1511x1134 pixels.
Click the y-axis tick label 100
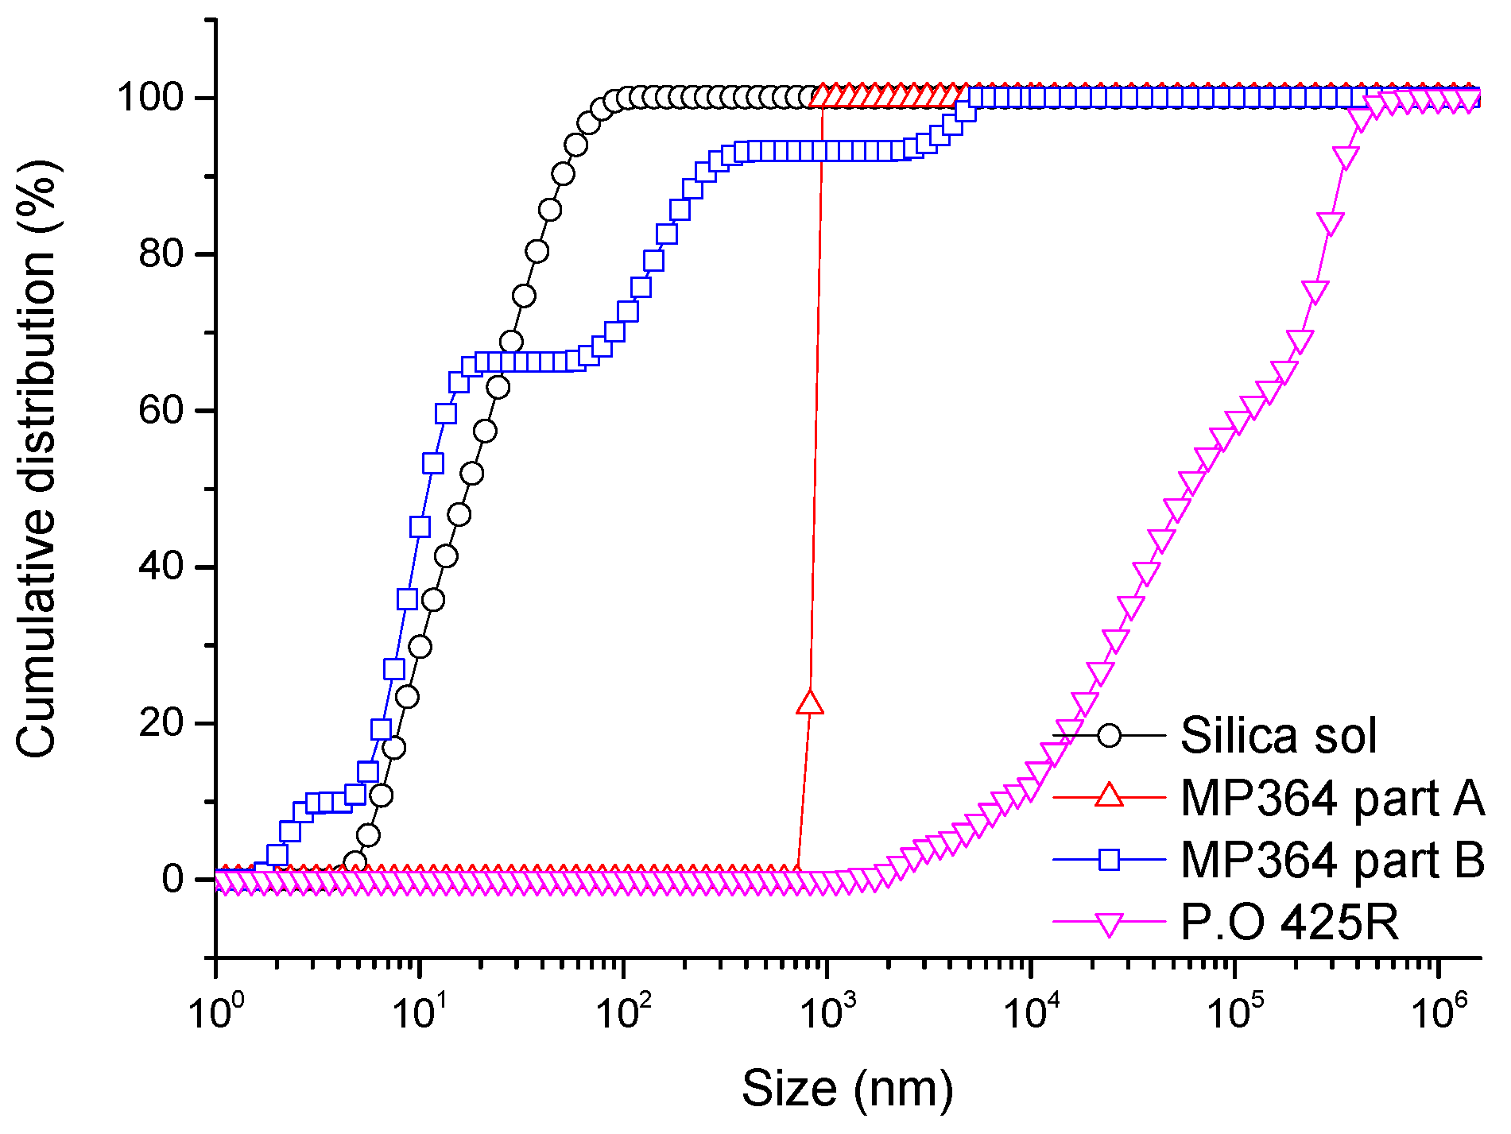pos(151,99)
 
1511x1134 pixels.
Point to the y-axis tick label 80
pos(162,255)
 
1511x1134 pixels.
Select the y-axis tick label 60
pos(162,411)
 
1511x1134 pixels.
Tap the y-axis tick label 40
pos(162,567)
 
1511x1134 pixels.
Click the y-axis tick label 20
pos(162,724)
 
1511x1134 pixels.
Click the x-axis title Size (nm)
pos(847,1088)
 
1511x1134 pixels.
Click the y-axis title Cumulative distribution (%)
pos(37,464)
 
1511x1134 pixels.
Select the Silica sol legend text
pos(1278,735)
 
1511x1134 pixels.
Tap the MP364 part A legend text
pos(1332,798)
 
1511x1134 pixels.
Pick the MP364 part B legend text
pos(1332,860)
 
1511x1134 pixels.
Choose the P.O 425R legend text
pos(1289,923)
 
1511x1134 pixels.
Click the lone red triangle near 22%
pos(810,702)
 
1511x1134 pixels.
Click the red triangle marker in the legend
pos(1109,795)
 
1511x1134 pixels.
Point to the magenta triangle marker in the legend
pos(1109,925)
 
